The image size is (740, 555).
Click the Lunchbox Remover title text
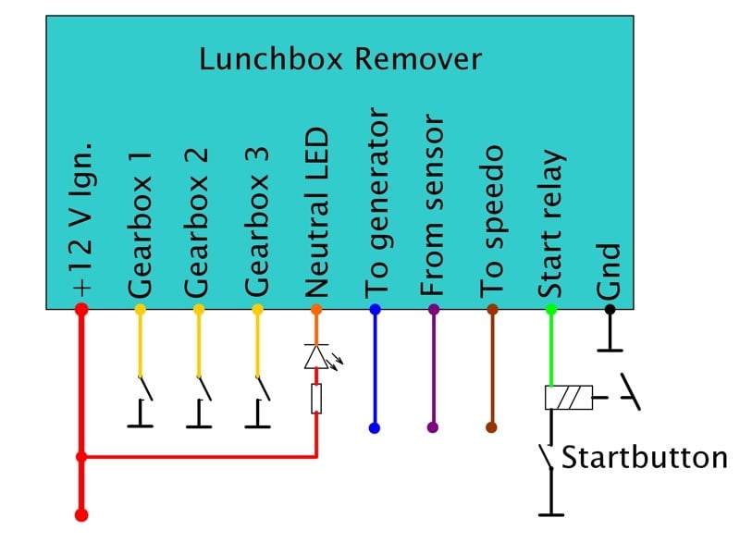tap(340, 60)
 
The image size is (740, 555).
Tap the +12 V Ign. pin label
tap(81, 222)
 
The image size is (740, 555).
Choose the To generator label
tap(376, 203)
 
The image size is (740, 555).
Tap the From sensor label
tap(433, 206)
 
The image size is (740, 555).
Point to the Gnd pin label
tap(609, 270)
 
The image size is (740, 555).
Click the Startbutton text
tap(644, 458)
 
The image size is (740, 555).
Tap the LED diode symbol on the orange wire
tap(316, 356)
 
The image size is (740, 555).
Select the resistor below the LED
tap(316, 400)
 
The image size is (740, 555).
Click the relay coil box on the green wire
tap(568, 398)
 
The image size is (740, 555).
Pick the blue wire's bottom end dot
tap(375, 428)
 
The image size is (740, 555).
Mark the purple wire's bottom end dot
tap(433, 428)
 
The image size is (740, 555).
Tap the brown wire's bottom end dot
tap(491, 428)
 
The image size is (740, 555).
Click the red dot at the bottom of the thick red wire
tap(81, 514)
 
